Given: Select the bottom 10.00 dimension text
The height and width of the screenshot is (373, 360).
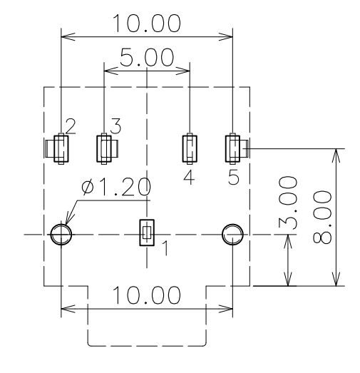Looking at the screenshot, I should (148, 295).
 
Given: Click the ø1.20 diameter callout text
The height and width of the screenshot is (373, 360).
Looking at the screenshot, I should (116, 188).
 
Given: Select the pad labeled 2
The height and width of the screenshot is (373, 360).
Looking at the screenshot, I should (61, 148).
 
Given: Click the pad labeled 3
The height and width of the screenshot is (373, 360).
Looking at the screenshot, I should (104, 148).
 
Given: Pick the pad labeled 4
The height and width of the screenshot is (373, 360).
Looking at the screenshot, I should (190, 148).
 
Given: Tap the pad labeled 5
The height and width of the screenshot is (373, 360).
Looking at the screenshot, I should (233, 148).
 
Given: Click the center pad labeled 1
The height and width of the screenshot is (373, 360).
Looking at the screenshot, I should (147, 233).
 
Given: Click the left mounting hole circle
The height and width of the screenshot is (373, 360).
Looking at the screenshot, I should (61, 233).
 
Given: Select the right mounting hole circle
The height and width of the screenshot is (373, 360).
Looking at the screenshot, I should (232, 233).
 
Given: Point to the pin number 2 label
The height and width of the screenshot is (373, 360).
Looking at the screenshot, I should (70, 126).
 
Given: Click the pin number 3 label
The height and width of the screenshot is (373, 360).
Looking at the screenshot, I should (115, 126).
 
